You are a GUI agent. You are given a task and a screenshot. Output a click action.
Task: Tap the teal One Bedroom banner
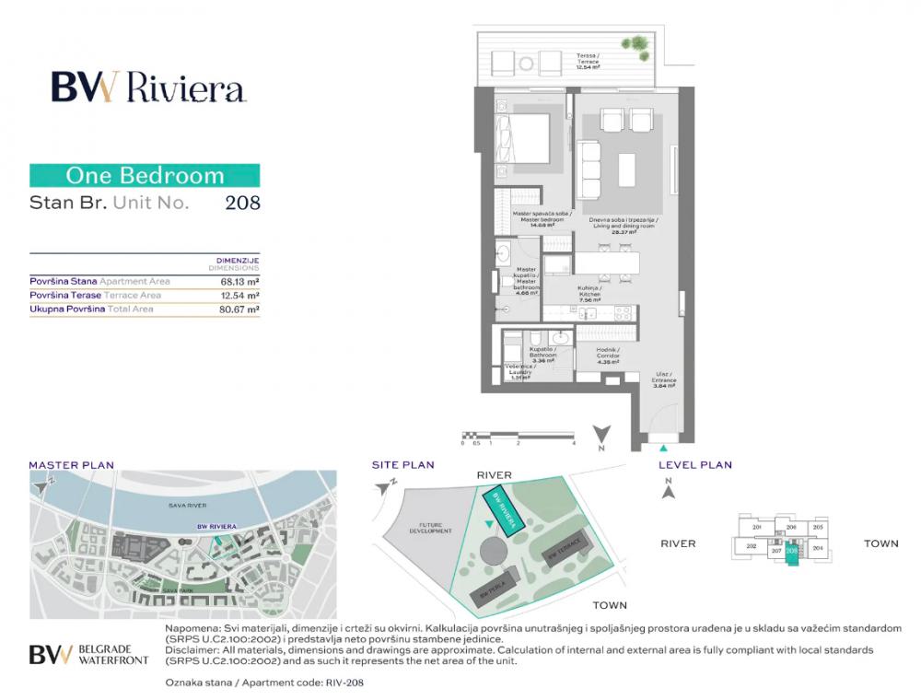[145, 175]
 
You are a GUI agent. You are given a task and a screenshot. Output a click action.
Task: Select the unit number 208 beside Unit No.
[242, 203]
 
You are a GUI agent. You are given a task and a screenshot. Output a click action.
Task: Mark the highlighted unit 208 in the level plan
[792, 553]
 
